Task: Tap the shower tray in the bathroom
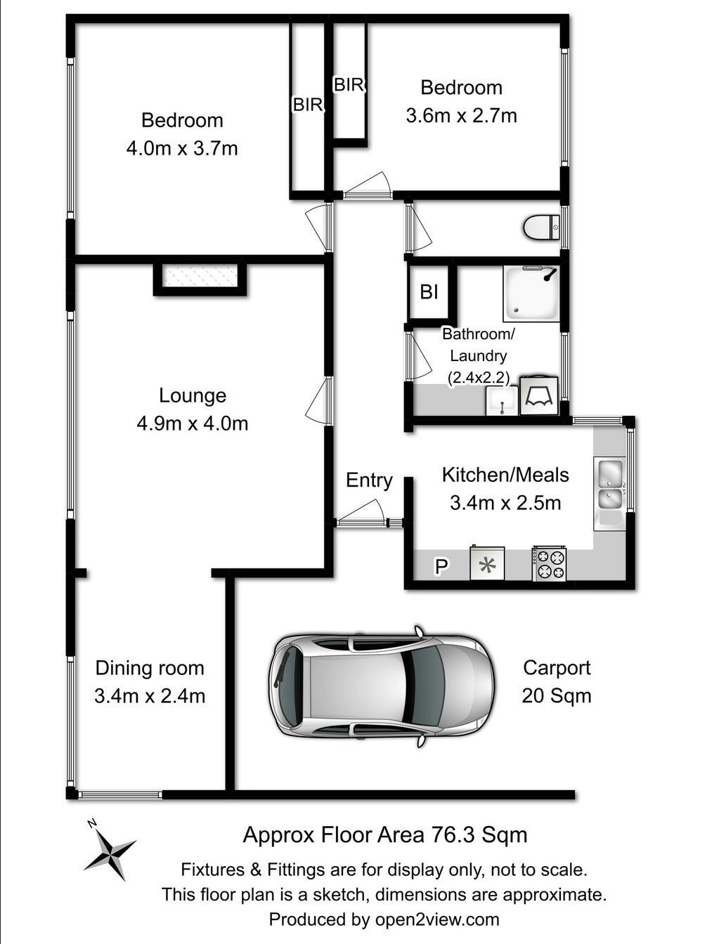(x=532, y=294)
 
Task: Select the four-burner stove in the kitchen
(x=549, y=564)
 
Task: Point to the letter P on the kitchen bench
(x=441, y=566)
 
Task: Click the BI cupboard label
(x=429, y=292)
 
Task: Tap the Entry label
(x=369, y=480)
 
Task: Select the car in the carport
(x=382, y=686)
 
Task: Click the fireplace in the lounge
(x=200, y=275)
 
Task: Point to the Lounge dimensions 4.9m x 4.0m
(x=193, y=424)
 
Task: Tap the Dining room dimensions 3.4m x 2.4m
(x=150, y=695)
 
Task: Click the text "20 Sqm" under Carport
(x=557, y=695)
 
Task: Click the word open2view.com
(x=437, y=919)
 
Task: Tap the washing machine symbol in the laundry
(x=539, y=395)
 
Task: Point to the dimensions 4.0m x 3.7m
(x=182, y=148)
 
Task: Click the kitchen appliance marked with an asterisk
(x=487, y=563)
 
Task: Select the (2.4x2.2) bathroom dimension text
(x=479, y=378)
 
